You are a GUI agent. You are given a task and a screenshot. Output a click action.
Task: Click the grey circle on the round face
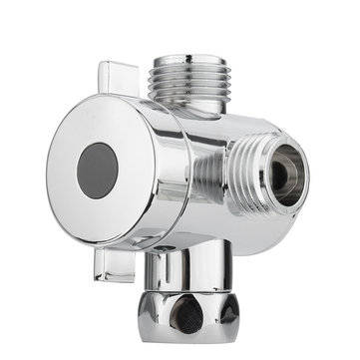pos(97,167)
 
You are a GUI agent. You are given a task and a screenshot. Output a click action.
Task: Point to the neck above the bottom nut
pos(189,269)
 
